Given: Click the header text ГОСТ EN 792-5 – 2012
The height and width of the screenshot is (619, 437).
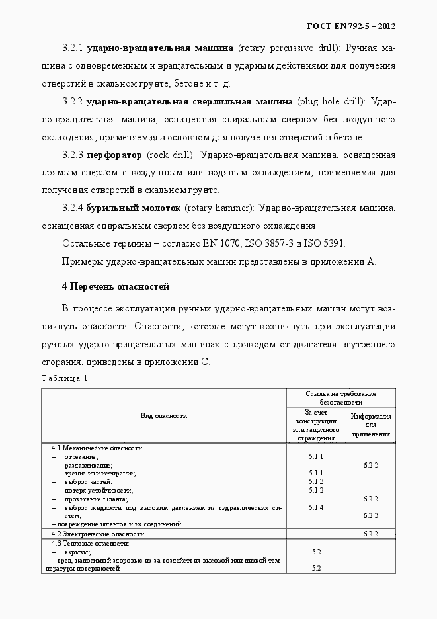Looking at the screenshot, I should [352, 26].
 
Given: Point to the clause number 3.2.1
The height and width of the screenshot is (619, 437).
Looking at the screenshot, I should [72, 48].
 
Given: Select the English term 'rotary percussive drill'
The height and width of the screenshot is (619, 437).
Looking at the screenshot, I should [287, 48].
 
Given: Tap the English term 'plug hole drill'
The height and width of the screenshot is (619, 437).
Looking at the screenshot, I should [330, 102].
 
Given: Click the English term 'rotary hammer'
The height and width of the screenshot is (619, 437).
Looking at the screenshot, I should [219, 208].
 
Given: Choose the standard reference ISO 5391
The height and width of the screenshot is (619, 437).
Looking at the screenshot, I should [329, 243].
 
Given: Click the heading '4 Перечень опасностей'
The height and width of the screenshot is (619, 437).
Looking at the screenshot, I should [116, 287].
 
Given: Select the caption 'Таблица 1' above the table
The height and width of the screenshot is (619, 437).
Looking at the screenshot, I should [64, 378].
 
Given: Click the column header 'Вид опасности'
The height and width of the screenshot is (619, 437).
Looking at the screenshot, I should [163, 415].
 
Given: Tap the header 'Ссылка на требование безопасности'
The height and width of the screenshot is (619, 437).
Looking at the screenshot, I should [340, 397].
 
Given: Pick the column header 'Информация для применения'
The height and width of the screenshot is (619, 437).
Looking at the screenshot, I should [371, 425].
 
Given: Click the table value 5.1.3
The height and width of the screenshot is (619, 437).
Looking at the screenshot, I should [316, 481].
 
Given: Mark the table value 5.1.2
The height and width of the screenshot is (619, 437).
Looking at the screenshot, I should [316, 490].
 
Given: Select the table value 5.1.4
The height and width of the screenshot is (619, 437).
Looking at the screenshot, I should [316, 507].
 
